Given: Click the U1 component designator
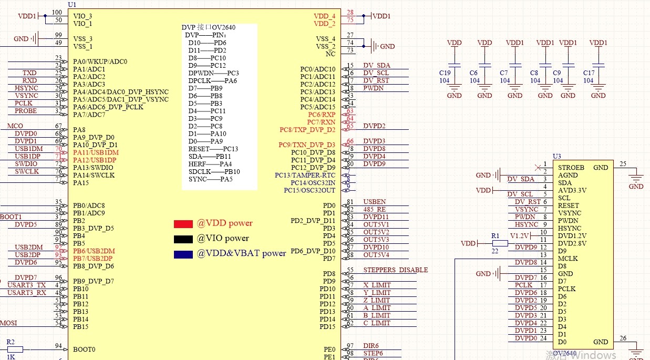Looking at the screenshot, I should pos(72,4).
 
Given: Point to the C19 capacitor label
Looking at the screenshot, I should pos(445,73).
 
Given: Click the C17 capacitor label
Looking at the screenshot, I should pos(589,73).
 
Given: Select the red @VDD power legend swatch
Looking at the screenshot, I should pos(183,224).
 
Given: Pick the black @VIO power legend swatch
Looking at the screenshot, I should pos(183,239).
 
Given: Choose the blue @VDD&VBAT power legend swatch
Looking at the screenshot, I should pos(183,254).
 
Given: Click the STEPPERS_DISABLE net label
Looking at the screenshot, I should pos(395,270).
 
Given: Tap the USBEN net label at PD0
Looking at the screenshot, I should pos(374,202).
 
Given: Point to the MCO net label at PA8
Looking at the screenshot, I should pos(15,126).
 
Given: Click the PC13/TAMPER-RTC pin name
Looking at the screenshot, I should pos(305,175).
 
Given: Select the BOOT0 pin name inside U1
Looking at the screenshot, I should pos(84,349).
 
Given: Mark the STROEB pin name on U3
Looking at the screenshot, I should pos(569,168).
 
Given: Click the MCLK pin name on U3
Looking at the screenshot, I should pos(568,259).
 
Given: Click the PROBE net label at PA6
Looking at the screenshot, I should pos(26,111).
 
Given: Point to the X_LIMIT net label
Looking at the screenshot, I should pos(377,285).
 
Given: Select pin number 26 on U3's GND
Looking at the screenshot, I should pos(624,338).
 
